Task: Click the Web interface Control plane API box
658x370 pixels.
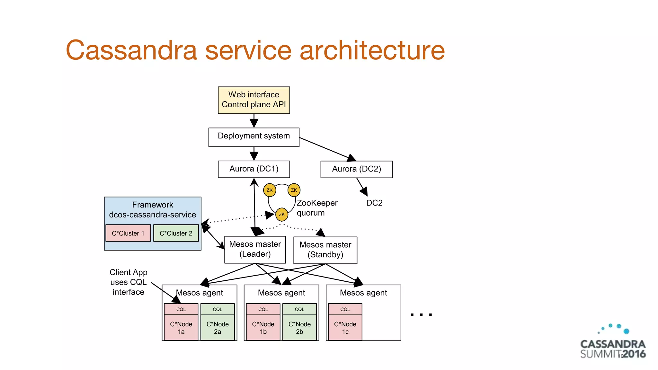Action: tap(254, 100)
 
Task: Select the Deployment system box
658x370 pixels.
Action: tap(254, 137)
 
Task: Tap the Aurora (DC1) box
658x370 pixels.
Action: tap(254, 169)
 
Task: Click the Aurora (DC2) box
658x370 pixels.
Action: tap(356, 169)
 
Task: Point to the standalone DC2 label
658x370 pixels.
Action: tap(374, 203)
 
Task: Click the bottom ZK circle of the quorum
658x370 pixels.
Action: tap(282, 215)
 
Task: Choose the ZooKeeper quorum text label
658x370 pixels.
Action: tap(317, 208)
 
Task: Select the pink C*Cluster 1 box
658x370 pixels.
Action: tap(128, 233)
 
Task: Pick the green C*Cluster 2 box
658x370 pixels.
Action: tap(176, 233)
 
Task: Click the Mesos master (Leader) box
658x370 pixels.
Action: tap(255, 250)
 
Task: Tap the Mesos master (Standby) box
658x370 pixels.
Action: tap(325, 250)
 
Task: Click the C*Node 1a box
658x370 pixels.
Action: tap(181, 328)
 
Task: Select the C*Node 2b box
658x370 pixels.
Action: tap(299, 328)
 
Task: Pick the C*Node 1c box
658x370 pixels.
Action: tap(345, 328)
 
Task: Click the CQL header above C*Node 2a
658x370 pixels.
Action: tap(218, 309)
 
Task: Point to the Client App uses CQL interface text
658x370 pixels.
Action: tap(129, 282)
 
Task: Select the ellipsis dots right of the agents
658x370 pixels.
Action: tap(421, 315)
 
